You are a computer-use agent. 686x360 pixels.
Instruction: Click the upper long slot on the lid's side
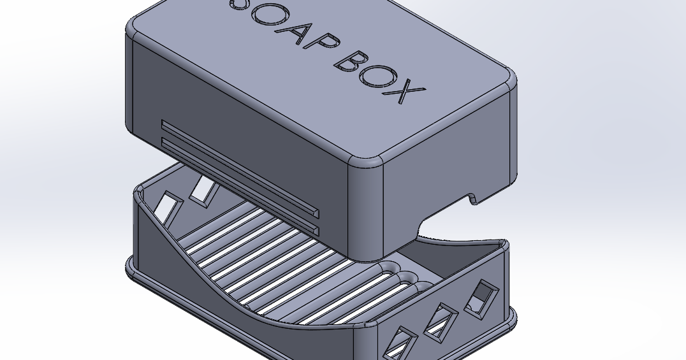[239, 166]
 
